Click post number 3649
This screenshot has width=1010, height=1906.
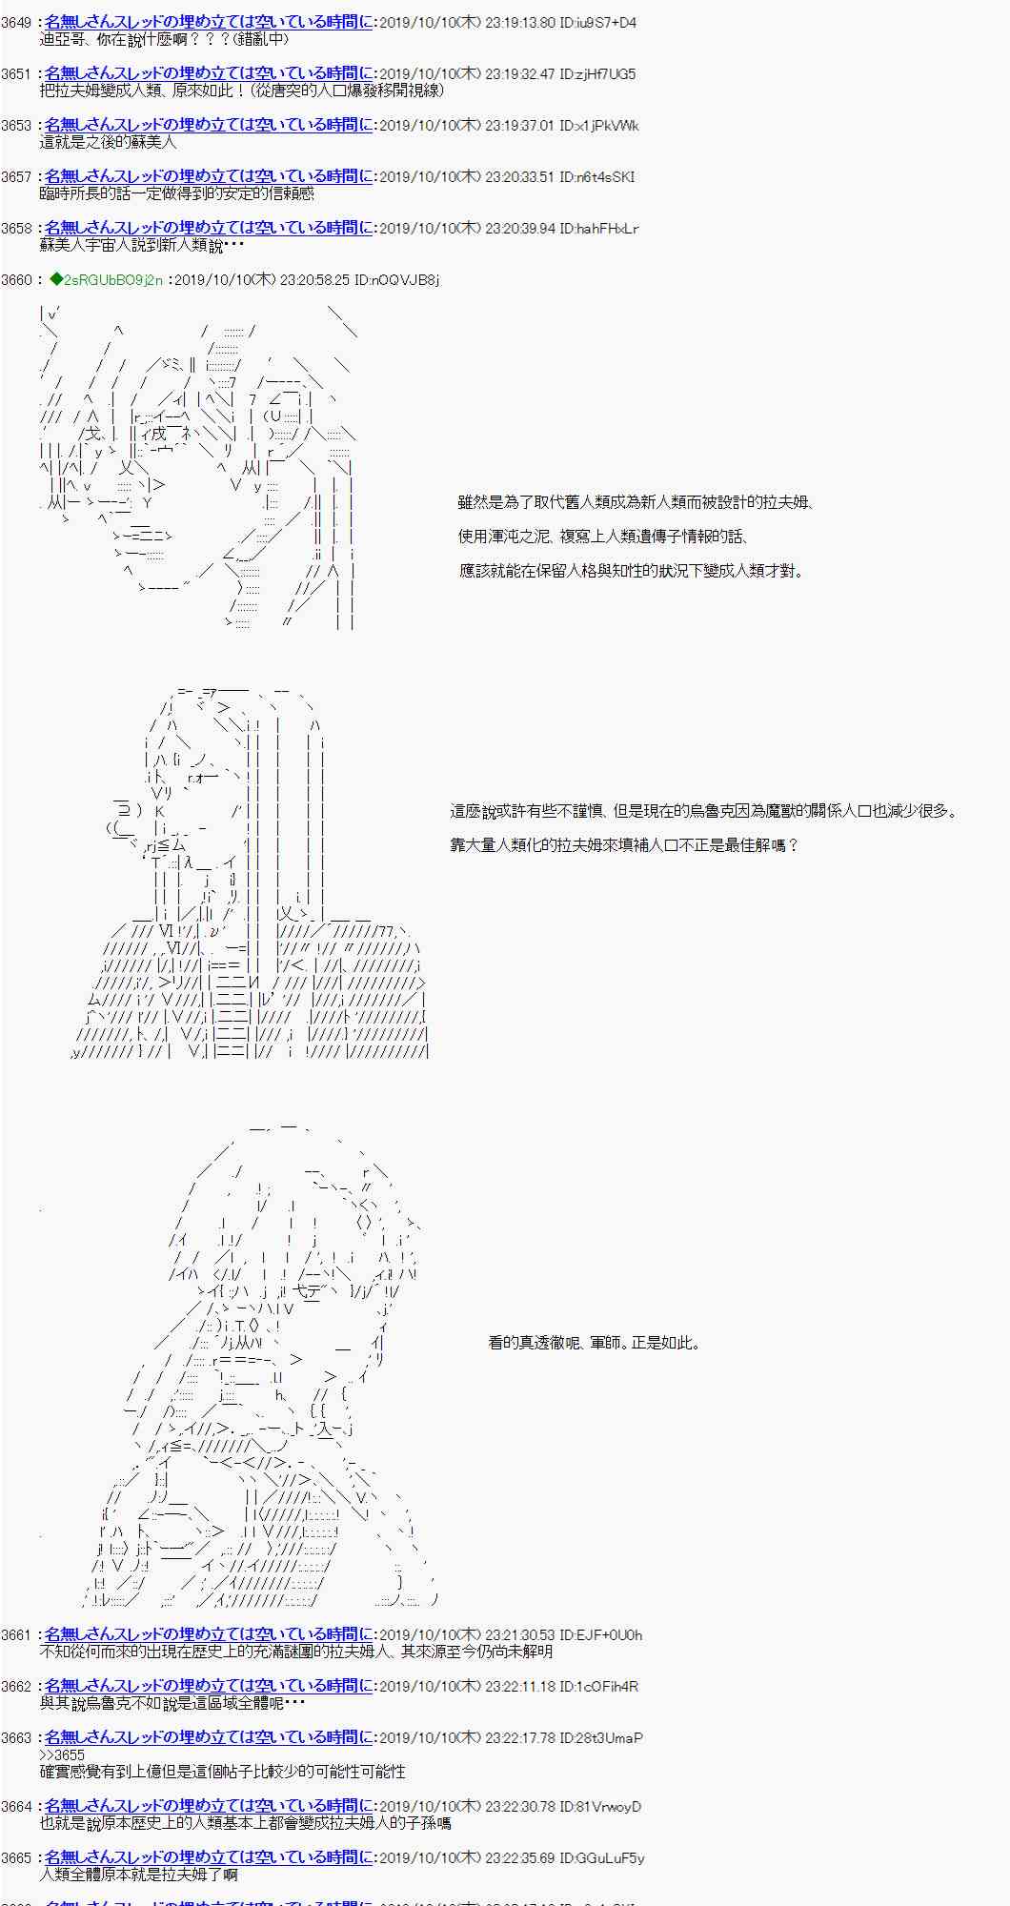pos(16,22)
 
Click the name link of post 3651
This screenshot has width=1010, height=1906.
pos(209,73)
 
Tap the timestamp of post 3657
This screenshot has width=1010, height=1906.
pos(466,176)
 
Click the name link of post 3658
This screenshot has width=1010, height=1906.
pos(209,228)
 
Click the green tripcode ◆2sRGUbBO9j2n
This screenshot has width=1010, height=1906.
pos(106,279)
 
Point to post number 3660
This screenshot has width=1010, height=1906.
pos(16,279)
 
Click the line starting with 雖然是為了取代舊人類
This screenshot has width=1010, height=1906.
pos(635,502)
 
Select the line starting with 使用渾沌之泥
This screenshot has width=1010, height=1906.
pos(602,537)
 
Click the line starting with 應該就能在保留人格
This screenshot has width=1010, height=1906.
pos(631,571)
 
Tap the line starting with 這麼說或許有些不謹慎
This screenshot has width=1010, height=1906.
pos(703,811)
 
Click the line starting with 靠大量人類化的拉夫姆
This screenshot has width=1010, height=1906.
pos(624,845)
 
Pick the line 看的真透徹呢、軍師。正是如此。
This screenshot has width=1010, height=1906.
pos(595,1343)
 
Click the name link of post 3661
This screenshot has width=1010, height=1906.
pos(209,1634)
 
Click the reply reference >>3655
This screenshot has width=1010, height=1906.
pos(62,1754)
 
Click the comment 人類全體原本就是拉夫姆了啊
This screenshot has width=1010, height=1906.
pos(139,1875)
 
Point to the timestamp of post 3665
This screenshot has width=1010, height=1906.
pos(466,1857)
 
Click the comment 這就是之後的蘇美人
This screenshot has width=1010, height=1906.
pos(108,142)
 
